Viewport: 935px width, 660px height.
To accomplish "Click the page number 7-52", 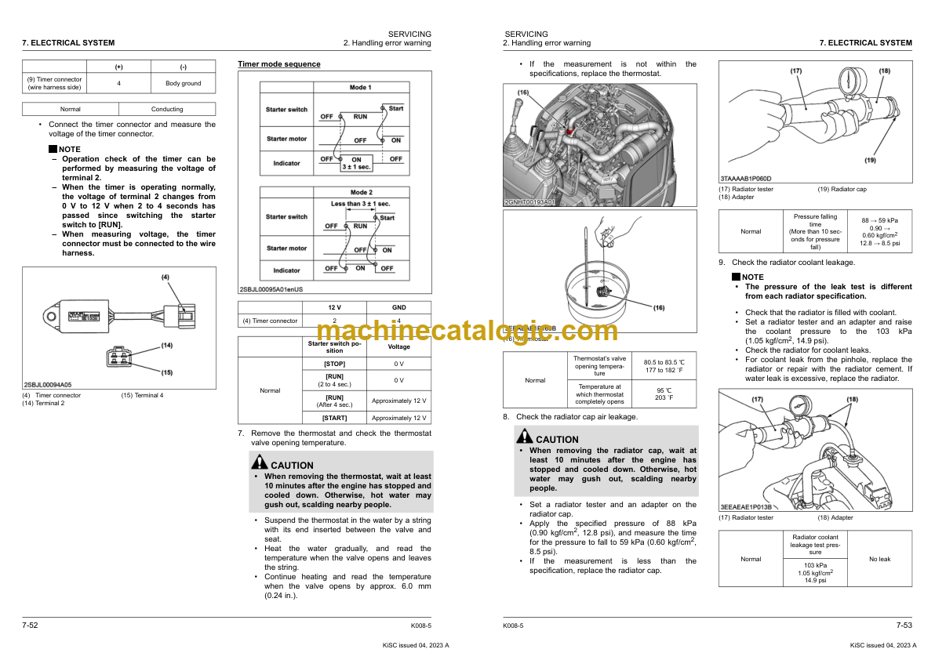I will coord(31,625).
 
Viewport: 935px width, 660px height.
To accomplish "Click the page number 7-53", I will coord(904,625).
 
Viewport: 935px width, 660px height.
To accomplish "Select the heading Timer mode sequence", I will coord(279,64).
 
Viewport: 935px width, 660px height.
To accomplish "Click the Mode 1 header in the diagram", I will coord(360,87).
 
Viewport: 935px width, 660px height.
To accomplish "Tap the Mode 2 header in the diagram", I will coord(360,192).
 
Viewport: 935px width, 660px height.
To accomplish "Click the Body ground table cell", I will coord(183,83).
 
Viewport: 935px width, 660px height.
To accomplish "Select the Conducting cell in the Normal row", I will coord(166,109).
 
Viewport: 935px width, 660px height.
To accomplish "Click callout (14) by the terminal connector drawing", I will coord(167,345).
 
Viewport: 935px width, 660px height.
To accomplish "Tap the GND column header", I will coord(398,307).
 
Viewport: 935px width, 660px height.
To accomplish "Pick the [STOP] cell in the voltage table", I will coord(335,364).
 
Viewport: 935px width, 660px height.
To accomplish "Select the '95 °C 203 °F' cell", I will coord(658,393).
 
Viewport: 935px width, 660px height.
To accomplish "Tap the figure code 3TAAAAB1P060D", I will coord(745,179).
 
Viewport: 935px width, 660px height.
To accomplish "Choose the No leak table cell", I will coord(879,559).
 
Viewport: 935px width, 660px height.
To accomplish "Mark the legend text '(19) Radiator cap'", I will coord(842,189).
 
